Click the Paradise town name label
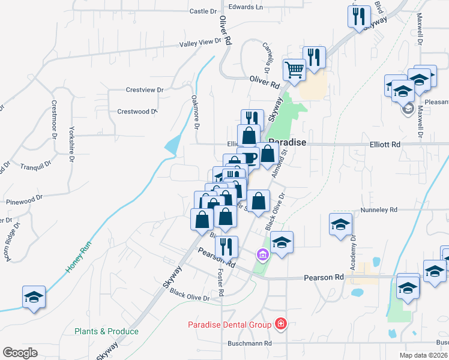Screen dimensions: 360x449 point(288,142)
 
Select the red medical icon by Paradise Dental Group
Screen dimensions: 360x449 point(280,325)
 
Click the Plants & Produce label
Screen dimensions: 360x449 point(106,331)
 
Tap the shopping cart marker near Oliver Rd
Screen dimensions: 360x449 point(294,70)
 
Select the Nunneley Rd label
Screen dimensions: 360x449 point(379,210)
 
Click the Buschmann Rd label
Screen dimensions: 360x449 point(250,344)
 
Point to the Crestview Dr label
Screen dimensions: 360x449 point(145,89)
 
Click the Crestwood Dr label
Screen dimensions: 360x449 point(137,111)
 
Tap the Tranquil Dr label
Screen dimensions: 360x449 point(33,167)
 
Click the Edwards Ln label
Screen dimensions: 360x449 point(246,7)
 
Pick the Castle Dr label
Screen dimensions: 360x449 point(203,11)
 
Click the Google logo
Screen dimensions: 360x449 point(19,352)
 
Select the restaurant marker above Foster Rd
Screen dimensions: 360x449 point(226,246)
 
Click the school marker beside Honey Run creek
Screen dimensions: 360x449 point(34,297)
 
